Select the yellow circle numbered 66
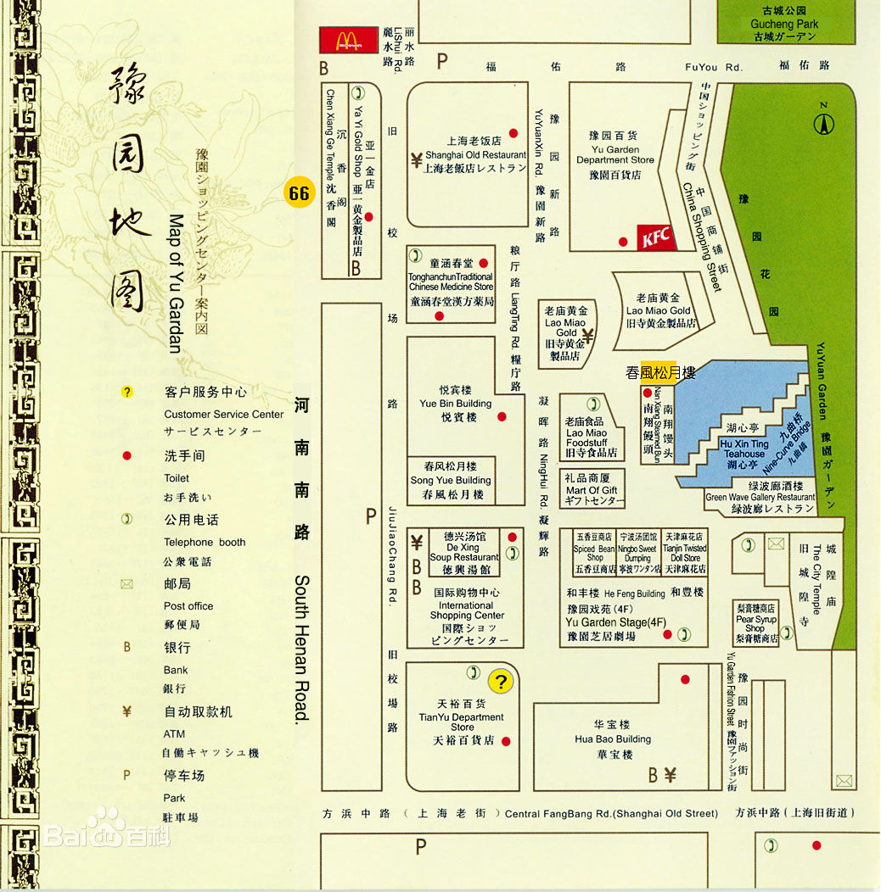(x=299, y=193)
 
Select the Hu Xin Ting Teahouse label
(x=744, y=449)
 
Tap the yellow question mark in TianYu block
(x=501, y=681)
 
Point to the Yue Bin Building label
(x=456, y=404)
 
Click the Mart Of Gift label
(x=592, y=490)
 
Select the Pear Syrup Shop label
(x=755, y=623)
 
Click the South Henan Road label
(x=301, y=649)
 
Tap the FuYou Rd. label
(x=714, y=67)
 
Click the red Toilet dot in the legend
(x=126, y=456)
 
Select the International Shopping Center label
(x=466, y=610)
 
